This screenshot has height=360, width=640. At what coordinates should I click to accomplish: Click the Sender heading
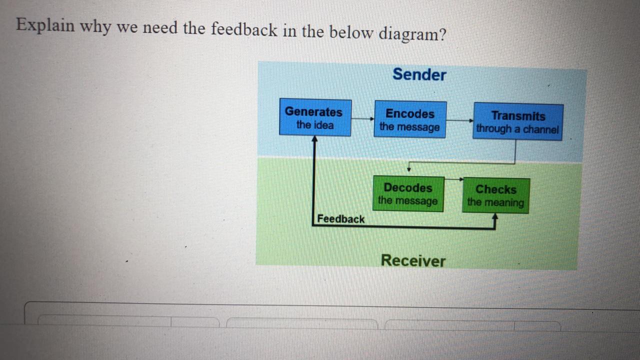419,74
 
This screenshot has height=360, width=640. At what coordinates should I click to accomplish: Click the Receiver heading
412,260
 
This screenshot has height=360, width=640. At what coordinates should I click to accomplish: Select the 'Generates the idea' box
314,118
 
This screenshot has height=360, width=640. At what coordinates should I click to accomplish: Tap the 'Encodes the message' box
409,120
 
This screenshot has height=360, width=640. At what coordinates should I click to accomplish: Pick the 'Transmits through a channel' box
517,122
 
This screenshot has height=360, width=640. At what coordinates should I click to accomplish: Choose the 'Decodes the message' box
408,194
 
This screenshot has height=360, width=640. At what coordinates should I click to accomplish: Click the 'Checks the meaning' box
495,195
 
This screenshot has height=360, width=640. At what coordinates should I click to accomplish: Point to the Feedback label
341,219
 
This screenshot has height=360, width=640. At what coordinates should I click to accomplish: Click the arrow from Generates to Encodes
362,118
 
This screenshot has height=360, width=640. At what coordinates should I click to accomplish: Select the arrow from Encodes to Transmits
459,120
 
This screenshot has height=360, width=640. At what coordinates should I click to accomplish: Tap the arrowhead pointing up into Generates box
314,139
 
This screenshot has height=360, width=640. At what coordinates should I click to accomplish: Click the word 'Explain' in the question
45,25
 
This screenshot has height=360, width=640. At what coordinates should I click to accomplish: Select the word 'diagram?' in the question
411,34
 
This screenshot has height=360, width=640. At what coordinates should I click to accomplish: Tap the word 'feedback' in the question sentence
243,30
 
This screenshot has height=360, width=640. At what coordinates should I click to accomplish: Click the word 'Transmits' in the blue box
518,116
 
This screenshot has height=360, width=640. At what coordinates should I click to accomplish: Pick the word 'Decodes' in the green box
407,188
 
